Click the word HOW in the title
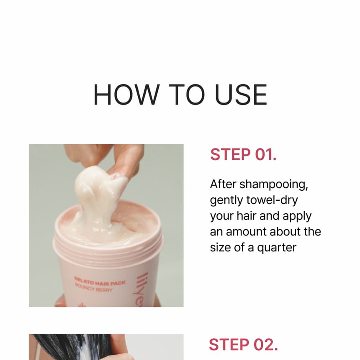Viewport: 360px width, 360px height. [126, 94]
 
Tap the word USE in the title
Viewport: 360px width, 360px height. [241, 94]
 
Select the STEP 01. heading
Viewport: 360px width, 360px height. [243, 154]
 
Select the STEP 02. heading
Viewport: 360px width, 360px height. [243, 345]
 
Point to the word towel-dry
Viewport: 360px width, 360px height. [272, 200]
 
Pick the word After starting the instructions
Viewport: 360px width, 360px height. [223, 184]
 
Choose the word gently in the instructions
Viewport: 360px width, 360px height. [226, 201]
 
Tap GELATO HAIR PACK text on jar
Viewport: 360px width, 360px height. [100, 281]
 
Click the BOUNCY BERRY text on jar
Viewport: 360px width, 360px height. [94, 287]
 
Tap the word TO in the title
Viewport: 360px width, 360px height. [187, 94]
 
